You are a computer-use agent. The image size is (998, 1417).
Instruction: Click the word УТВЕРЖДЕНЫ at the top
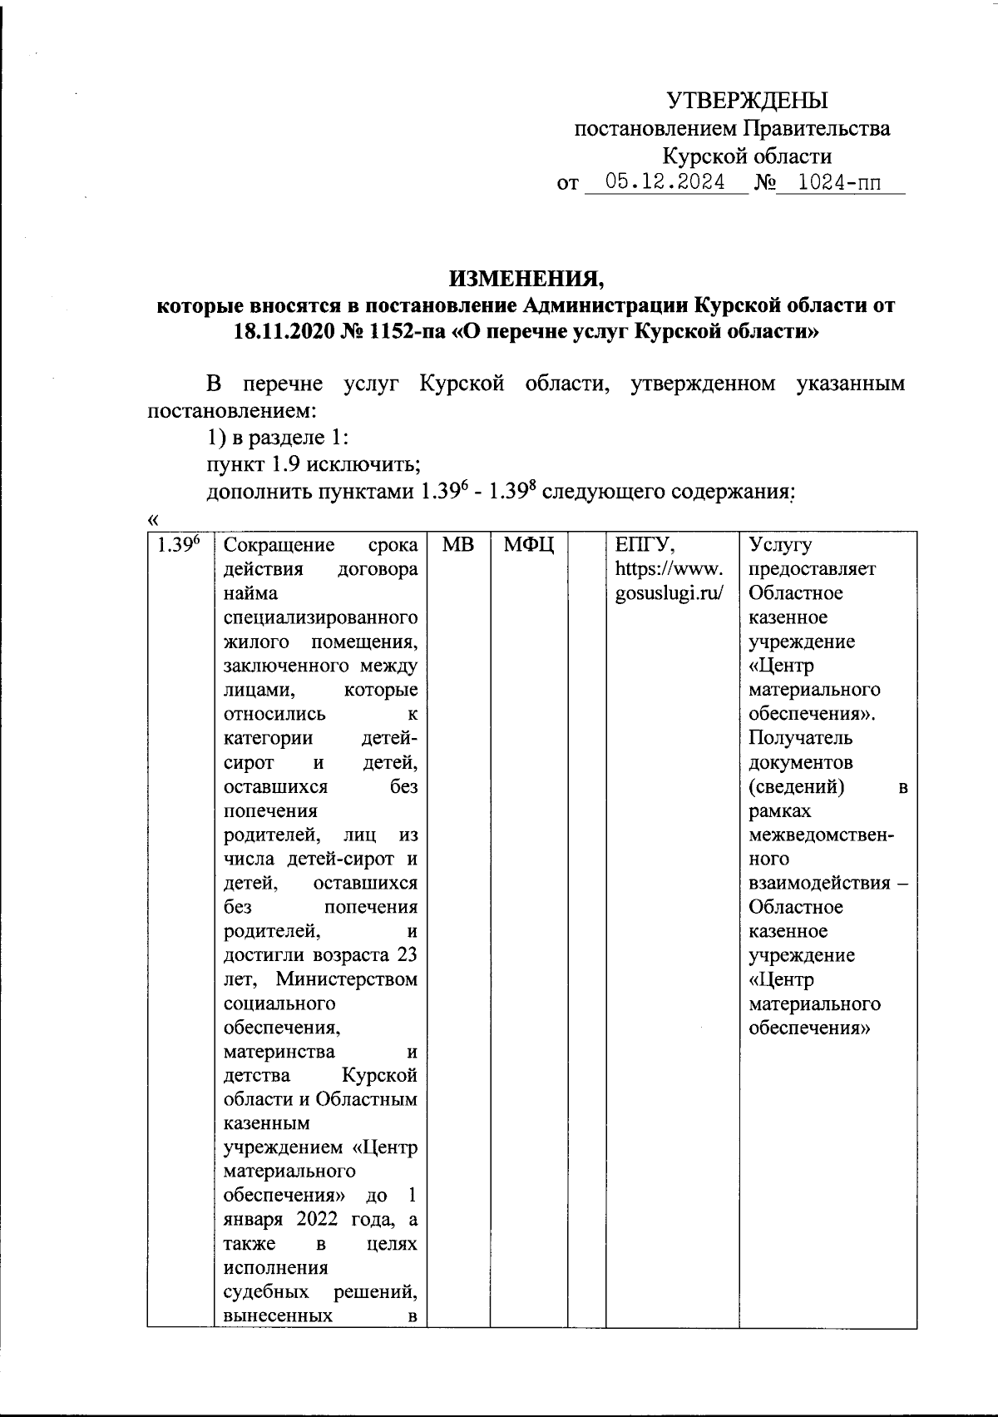coord(748,102)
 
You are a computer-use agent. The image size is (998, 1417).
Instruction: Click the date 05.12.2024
coord(665,182)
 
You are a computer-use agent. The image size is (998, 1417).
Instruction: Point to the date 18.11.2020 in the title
coord(284,331)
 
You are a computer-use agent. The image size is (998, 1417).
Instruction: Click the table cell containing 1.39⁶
coord(179,547)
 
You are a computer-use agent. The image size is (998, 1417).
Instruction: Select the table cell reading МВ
coord(457,546)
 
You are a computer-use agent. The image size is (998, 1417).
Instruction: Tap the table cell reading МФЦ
coord(529,546)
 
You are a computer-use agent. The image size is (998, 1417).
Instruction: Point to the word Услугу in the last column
coord(780,546)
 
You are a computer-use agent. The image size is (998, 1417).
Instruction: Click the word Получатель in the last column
coord(788,738)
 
